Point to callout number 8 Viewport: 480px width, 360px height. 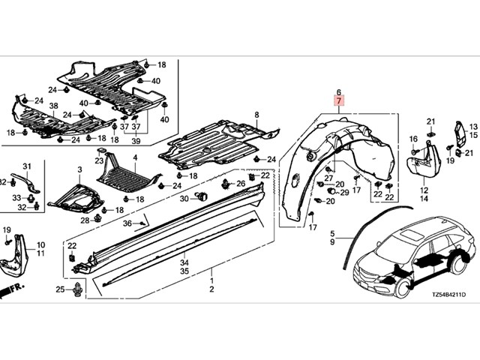tap(256, 114)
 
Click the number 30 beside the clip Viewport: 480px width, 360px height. tap(184, 198)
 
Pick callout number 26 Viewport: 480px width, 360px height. tap(241, 184)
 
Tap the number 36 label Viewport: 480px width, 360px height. tap(127, 223)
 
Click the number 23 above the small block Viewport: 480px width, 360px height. tap(99, 160)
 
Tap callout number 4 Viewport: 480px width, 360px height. tap(135, 157)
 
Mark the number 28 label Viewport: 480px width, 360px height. tap(85, 220)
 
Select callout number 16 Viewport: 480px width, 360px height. tap(413, 139)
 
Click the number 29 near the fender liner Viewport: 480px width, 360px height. tap(343, 193)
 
